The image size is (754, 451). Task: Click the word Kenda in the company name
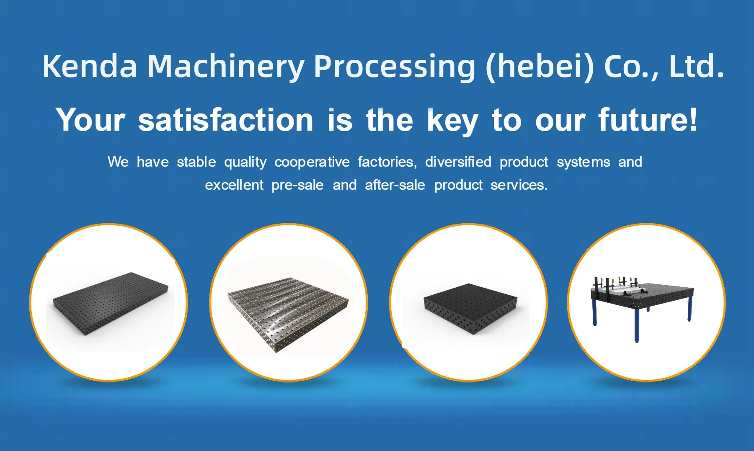pyautogui.click(x=90, y=66)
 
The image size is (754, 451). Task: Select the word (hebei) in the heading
pyautogui.click(x=540, y=67)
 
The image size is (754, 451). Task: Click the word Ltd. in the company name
pyautogui.click(x=697, y=66)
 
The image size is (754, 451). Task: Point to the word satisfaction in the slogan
pyautogui.click(x=226, y=120)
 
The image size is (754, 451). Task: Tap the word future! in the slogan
pyautogui.click(x=648, y=120)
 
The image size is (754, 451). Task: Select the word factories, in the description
pyautogui.click(x=387, y=162)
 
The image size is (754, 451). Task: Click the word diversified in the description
pyautogui.click(x=458, y=162)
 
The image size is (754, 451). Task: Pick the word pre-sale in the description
pyautogui.click(x=297, y=185)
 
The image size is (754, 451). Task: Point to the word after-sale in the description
pyautogui.click(x=395, y=185)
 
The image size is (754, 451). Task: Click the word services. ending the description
pyautogui.click(x=519, y=185)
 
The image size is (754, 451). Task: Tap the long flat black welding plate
pyautogui.click(x=111, y=304)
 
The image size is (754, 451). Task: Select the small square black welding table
pyautogui.click(x=470, y=308)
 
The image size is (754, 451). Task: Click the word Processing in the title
pyautogui.click(x=395, y=67)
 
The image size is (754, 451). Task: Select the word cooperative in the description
pyautogui.click(x=312, y=162)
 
